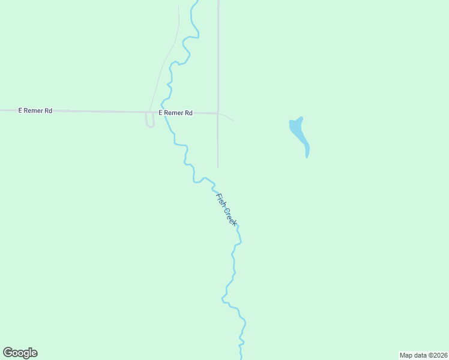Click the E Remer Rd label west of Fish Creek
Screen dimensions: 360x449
pyautogui.click(x=35, y=110)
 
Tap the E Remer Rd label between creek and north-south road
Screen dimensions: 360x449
pyautogui.click(x=175, y=112)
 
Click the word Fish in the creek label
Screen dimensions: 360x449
pyautogui.click(x=220, y=200)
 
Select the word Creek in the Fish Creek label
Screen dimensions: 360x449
pyautogui.click(x=231, y=217)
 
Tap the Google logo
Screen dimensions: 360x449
pyautogui.click(x=20, y=353)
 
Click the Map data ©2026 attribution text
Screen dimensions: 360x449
pyautogui.click(x=423, y=355)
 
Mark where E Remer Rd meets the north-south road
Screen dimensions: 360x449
pyautogui.click(x=218, y=113)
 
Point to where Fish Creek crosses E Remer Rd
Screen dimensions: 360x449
pyautogui.click(x=163, y=112)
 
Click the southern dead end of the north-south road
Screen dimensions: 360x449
pyautogui.click(x=217, y=167)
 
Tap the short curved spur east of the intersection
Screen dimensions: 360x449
pyautogui.click(x=228, y=116)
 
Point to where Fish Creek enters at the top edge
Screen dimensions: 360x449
pyautogui.click(x=195, y=2)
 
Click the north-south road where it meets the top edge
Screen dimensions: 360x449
pyautogui.click(x=218, y=2)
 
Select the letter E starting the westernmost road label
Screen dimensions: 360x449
pyautogui.click(x=20, y=110)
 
